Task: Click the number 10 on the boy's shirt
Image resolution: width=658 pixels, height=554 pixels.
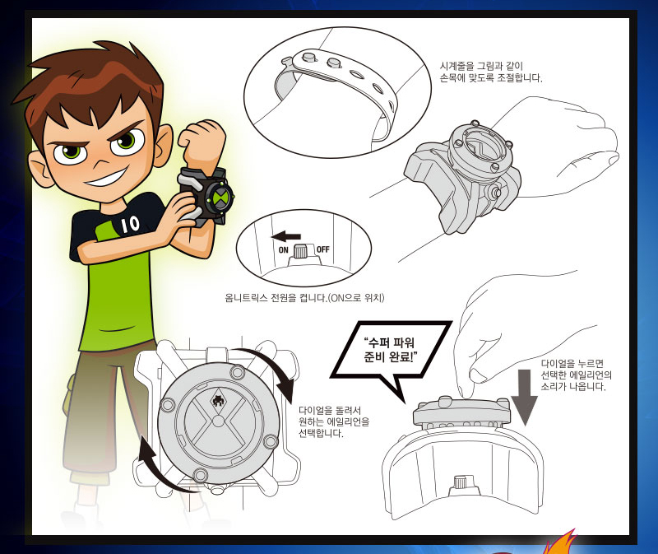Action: [x=131, y=225]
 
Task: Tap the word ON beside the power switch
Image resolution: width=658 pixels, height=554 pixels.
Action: [x=283, y=250]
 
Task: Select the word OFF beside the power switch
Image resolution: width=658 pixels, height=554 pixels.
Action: [x=322, y=249]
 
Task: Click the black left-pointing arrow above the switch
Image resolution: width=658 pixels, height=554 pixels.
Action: [x=285, y=236]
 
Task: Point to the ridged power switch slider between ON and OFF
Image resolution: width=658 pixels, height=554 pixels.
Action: [x=300, y=251]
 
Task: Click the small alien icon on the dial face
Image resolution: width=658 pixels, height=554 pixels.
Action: [x=218, y=402]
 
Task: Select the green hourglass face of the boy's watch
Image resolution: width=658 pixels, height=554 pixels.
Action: [x=220, y=196]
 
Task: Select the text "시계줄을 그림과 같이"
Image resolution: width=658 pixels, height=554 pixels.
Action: [x=481, y=66]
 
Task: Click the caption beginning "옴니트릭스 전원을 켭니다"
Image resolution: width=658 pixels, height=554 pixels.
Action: [x=304, y=298]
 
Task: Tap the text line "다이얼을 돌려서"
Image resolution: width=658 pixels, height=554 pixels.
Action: [x=330, y=410]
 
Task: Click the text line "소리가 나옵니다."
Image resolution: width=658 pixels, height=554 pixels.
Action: [x=573, y=386]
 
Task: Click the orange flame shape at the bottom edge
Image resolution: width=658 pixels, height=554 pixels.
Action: [x=560, y=542]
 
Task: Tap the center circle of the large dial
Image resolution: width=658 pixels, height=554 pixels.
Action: [x=218, y=421]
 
